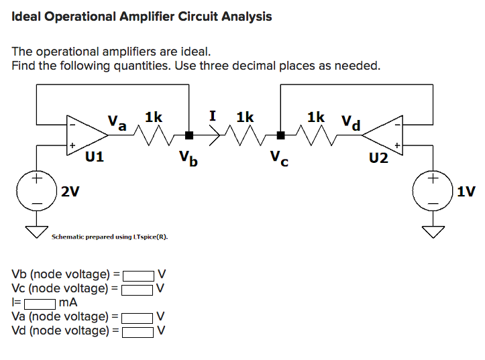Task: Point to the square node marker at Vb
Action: [x=190, y=135]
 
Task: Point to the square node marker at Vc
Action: [x=282, y=135]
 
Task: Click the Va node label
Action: [x=117, y=123]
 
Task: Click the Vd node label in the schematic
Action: [x=350, y=123]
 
